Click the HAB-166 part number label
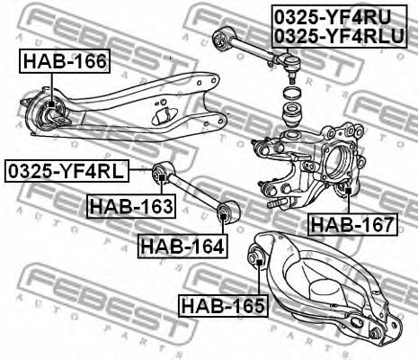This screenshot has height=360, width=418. tap(64, 61)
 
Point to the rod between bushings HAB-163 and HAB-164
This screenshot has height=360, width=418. tap(193, 193)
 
